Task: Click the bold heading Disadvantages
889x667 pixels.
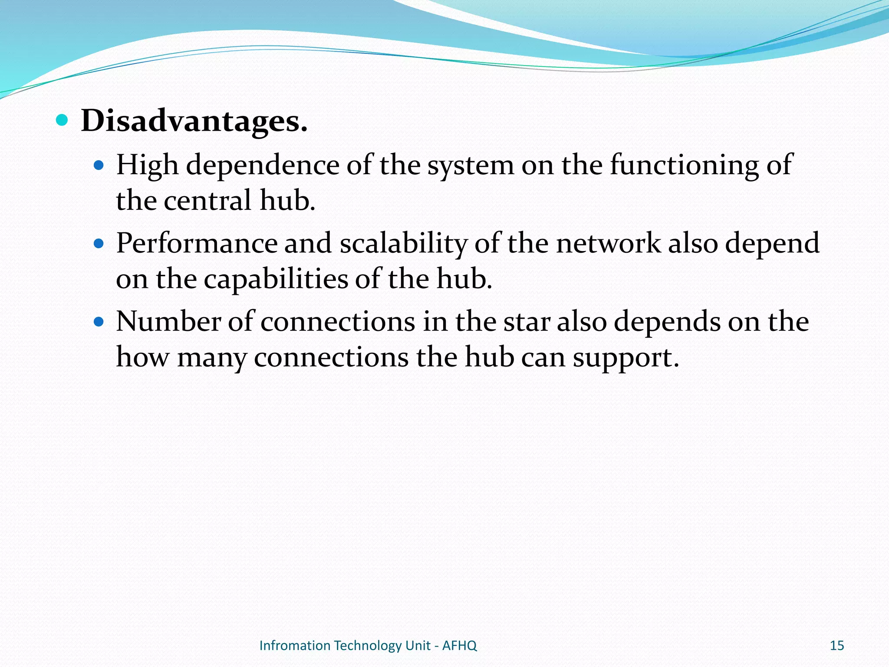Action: [x=194, y=121]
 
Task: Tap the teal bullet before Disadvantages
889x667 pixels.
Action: [x=63, y=120]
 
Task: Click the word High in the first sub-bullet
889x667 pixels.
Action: [x=147, y=166]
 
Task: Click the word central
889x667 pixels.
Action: [x=208, y=201]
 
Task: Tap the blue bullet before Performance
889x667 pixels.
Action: [x=99, y=244]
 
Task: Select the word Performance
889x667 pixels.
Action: [x=197, y=243]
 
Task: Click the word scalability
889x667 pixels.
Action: [x=403, y=244]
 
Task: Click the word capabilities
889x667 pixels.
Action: [x=276, y=279]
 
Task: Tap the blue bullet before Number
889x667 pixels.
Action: [x=99, y=322]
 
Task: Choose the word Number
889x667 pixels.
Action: [x=168, y=322]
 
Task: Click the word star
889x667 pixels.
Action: [x=527, y=322]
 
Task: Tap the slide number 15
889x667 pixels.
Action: [x=836, y=646]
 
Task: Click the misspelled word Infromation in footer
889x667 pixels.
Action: [x=295, y=646]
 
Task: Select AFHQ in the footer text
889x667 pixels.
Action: [x=459, y=646]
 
